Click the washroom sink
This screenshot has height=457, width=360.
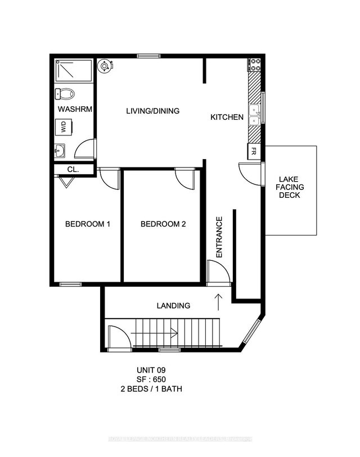60,151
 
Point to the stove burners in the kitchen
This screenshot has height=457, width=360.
255,65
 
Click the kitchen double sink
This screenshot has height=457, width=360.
255,114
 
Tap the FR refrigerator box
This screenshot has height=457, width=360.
254,151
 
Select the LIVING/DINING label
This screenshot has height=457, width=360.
152,111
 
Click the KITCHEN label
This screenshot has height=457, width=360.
227,117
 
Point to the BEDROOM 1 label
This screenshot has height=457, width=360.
87,224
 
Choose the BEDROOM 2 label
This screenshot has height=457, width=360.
163,224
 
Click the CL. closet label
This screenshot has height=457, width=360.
73,169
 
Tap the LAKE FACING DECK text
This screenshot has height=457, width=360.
290,188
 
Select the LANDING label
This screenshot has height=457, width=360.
173,306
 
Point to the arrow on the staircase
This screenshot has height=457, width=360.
169,333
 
